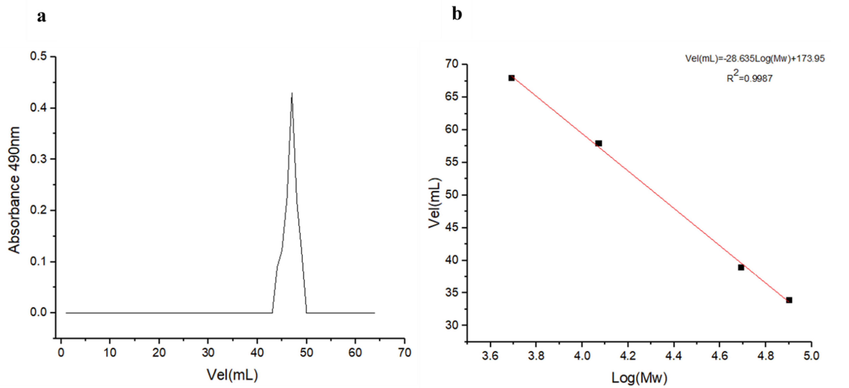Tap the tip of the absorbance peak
(x=292, y=93)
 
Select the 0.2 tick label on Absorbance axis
(x=39, y=210)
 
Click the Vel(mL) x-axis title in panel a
(x=232, y=375)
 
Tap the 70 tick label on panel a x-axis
(x=404, y=353)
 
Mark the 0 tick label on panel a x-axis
(x=61, y=353)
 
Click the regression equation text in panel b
(x=755, y=59)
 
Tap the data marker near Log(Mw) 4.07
(x=599, y=143)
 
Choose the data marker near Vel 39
(x=741, y=267)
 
